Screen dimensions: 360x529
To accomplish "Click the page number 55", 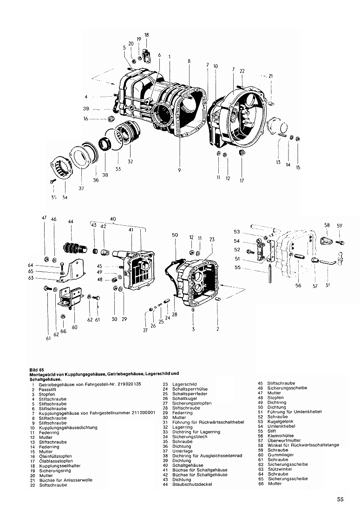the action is click(340, 499).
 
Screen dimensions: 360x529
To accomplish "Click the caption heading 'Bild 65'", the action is click(36, 369).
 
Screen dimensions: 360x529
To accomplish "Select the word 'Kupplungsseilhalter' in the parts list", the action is click(60, 466).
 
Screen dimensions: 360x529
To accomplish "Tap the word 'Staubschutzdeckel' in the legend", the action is click(192, 484).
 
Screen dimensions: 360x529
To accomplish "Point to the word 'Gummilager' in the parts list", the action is click(281, 455).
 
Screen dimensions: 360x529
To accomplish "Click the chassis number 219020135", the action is click(127, 384).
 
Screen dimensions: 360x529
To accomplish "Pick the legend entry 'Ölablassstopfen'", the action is click(56, 461).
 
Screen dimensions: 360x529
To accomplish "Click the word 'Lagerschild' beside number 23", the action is click(184, 384).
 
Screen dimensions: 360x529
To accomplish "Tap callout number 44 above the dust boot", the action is click(71, 222).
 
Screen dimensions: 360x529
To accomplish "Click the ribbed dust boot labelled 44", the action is click(73, 249).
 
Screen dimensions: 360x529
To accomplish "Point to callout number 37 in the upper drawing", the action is click(81, 188).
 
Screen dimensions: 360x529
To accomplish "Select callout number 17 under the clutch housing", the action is click(242, 181).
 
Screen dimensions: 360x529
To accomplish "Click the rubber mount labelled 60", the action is click(71, 297).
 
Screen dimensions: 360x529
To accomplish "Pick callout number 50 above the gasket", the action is click(175, 235).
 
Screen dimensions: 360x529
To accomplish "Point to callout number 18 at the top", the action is click(146, 35).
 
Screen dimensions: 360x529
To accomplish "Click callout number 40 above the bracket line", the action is click(113, 219).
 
